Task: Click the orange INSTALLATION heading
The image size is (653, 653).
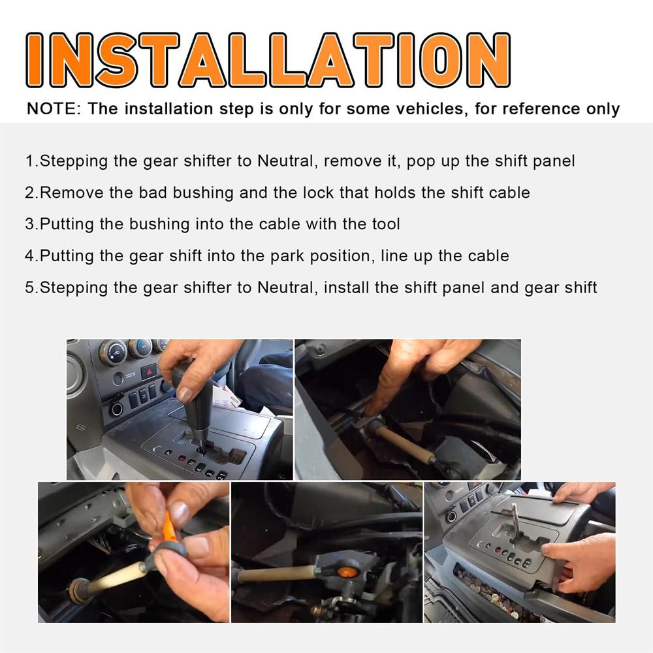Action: click(268, 60)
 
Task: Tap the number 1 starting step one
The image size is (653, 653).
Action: click(30, 161)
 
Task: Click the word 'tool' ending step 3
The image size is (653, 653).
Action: click(386, 224)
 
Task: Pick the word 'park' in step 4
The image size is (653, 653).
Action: click(287, 257)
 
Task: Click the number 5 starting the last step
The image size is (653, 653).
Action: click(29, 288)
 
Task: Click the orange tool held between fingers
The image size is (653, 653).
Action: click(168, 527)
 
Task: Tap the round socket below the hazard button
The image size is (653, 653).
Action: click(117, 409)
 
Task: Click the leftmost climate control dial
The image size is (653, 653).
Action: click(113, 353)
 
